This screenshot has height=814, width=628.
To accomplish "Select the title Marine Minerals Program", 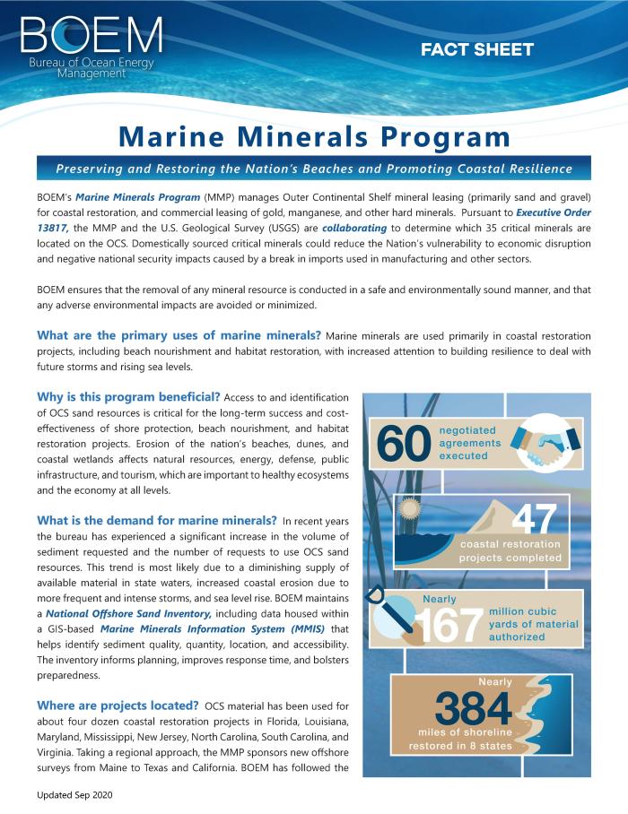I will point(314,136).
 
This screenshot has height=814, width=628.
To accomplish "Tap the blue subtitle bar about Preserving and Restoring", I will point(314,169).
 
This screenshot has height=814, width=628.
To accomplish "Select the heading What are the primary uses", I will point(179,334).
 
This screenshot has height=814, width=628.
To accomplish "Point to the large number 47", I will point(535,520).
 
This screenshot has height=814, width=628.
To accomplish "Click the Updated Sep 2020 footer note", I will point(75,795).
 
